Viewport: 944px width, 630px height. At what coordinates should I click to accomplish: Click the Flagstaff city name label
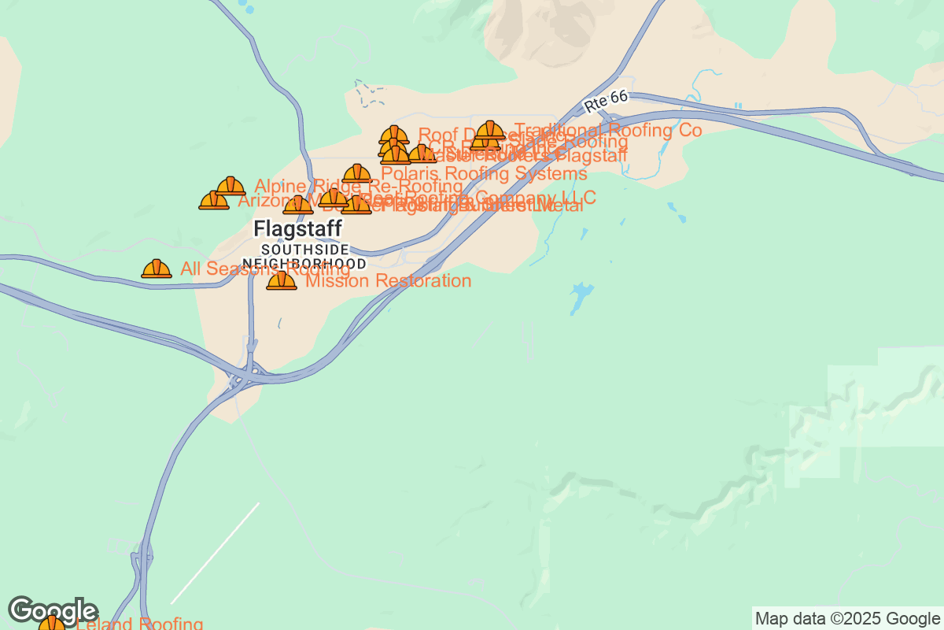point(298,228)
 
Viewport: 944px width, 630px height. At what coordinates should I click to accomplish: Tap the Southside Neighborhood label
point(304,257)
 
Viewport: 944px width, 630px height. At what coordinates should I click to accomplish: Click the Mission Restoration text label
point(389,281)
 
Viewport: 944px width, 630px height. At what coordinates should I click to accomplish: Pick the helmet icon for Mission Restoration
point(282,280)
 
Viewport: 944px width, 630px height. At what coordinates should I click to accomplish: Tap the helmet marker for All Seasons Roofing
point(157,269)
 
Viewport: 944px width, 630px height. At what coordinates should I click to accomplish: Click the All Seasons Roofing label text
point(264,269)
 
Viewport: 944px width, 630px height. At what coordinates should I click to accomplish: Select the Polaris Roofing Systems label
point(484,173)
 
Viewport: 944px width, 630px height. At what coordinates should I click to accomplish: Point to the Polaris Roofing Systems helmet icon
point(357,173)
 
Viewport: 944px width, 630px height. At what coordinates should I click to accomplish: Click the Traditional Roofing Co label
point(607,130)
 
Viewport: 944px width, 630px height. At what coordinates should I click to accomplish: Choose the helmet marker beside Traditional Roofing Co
point(491,130)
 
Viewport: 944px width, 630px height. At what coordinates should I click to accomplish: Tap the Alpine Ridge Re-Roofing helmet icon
point(230,186)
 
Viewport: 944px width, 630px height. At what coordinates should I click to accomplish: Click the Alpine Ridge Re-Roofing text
point(359,187)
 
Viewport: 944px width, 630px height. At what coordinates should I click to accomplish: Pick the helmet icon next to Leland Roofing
point(52,624)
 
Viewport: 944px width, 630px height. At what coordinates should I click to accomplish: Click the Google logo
point(53,610)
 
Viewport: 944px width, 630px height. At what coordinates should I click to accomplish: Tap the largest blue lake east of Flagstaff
point(581,297)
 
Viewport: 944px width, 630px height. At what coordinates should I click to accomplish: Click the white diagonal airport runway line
point(215,553)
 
